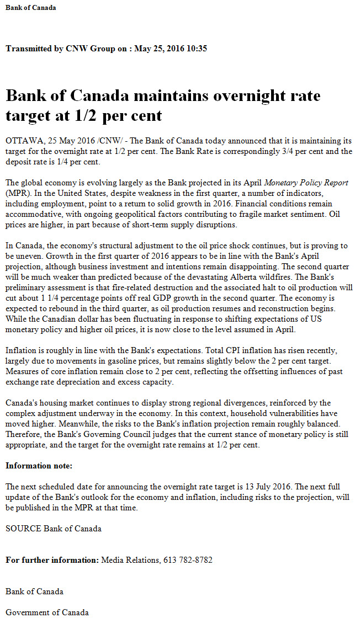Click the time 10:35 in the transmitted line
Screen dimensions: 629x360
(x=196, y=49)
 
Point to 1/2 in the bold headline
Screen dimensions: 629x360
(x=80, y=115)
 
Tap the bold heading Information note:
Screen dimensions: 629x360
(x=39, y=466)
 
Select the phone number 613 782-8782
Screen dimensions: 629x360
(x=188, y=560)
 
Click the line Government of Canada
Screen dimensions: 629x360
(x=47, y=612)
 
